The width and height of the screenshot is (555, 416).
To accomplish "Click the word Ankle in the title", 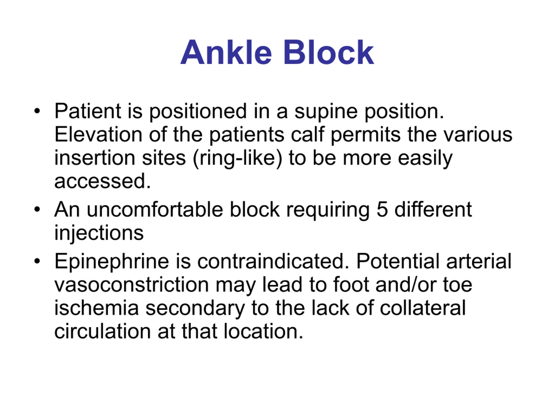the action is coord(226,52).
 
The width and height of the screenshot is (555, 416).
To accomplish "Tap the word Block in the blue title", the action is coord(329,52).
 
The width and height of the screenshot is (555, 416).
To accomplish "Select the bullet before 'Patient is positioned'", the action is coord(37,111).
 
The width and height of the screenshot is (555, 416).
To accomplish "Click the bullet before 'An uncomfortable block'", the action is coord(37,209).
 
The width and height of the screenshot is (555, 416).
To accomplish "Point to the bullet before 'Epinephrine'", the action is coord(37,261).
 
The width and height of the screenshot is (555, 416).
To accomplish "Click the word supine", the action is coord(326,112).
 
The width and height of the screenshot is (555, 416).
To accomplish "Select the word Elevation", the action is coord(98,135).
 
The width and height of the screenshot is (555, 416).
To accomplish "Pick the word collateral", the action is coord(423,308).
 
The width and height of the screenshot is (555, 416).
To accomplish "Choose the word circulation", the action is coord(103,331).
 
